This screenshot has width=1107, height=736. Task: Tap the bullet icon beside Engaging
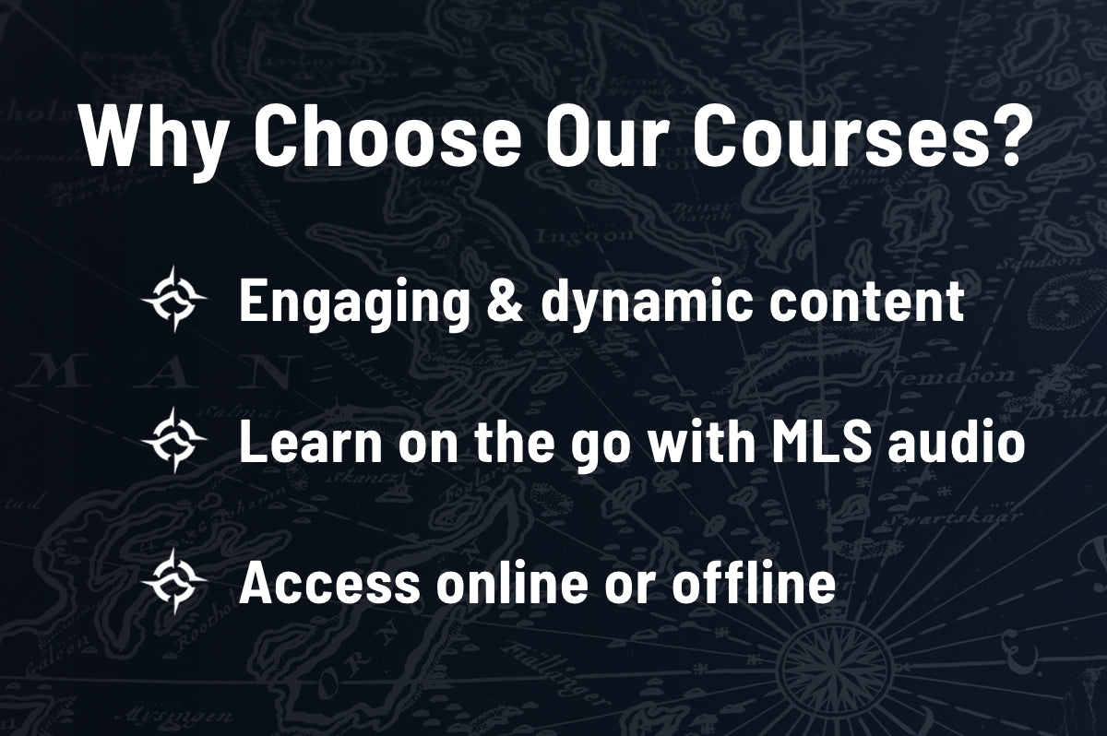pos(173,300)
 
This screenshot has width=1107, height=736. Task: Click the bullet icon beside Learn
pos(173,441)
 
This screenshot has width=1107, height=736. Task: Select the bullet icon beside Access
pos(173,581)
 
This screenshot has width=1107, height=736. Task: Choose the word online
pos(517,582)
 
